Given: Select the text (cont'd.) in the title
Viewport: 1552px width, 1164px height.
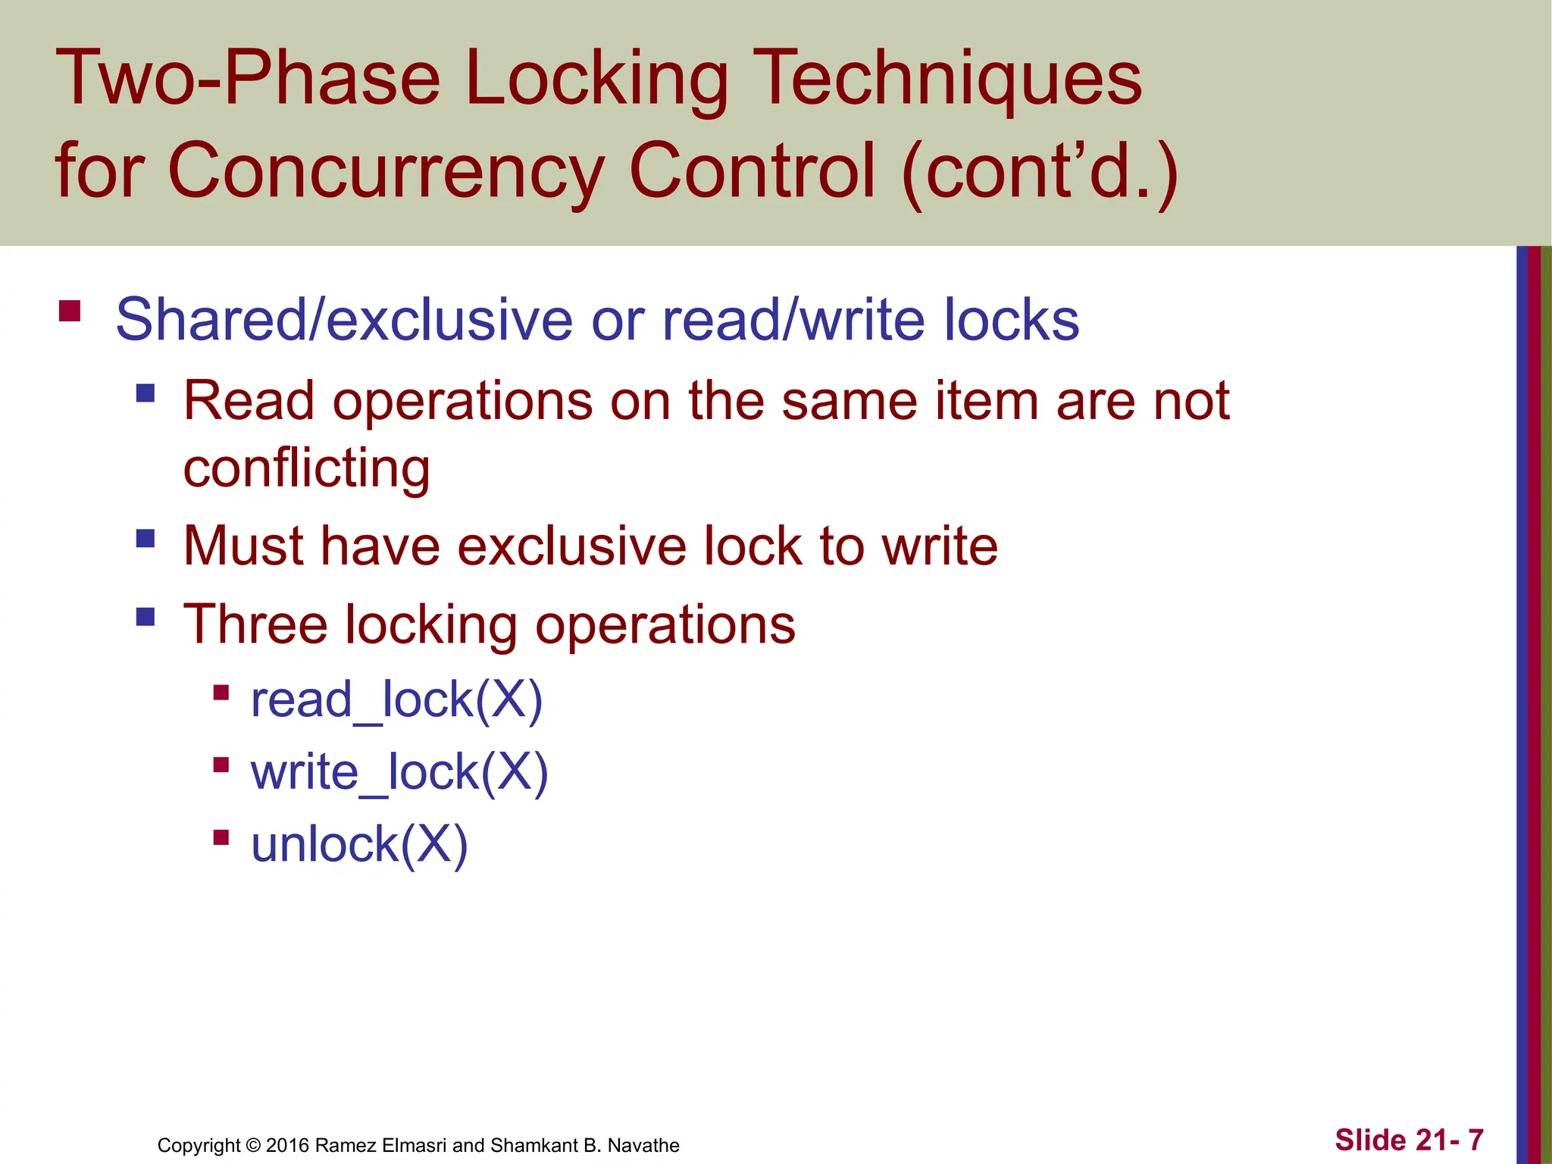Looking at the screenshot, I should pyautogui.click(x=1040, y=173).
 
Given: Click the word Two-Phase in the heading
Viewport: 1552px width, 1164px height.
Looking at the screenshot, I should pyautogui.click(x=247, y=78).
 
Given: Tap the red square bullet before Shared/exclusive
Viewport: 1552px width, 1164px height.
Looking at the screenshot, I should pyautogui.click(x=70, y=311).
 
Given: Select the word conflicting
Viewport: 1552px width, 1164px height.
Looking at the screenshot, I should pyautogui.click(x=307, y=468).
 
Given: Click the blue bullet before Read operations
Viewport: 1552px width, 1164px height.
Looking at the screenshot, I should pyautogui.click(x=145, y=393).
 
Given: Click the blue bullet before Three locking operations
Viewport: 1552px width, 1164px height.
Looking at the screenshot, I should pyautogui.click(x=145, y=616).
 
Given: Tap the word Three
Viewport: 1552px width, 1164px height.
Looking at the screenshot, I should pyautogui.click(x=255, y=625).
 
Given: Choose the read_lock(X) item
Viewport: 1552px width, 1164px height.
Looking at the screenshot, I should pyautogui.click(x=396, y=699).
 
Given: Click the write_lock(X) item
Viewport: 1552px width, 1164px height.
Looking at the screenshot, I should pyautogui.click(x=399, y=772).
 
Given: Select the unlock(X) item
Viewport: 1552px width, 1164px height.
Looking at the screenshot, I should pyautogui.click(x=359, y=845).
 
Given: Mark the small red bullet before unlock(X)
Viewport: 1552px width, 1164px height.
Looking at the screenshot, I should pyautogui.click(x=221, y=837).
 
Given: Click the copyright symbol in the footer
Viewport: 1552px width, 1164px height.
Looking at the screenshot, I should pyautogui.click(x=253, y=1145).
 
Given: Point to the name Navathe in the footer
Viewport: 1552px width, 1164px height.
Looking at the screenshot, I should pyautogui.click(x=643, y=1145).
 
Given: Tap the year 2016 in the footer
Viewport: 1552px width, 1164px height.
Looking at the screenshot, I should pyautogui.click(x=287, y=1145).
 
